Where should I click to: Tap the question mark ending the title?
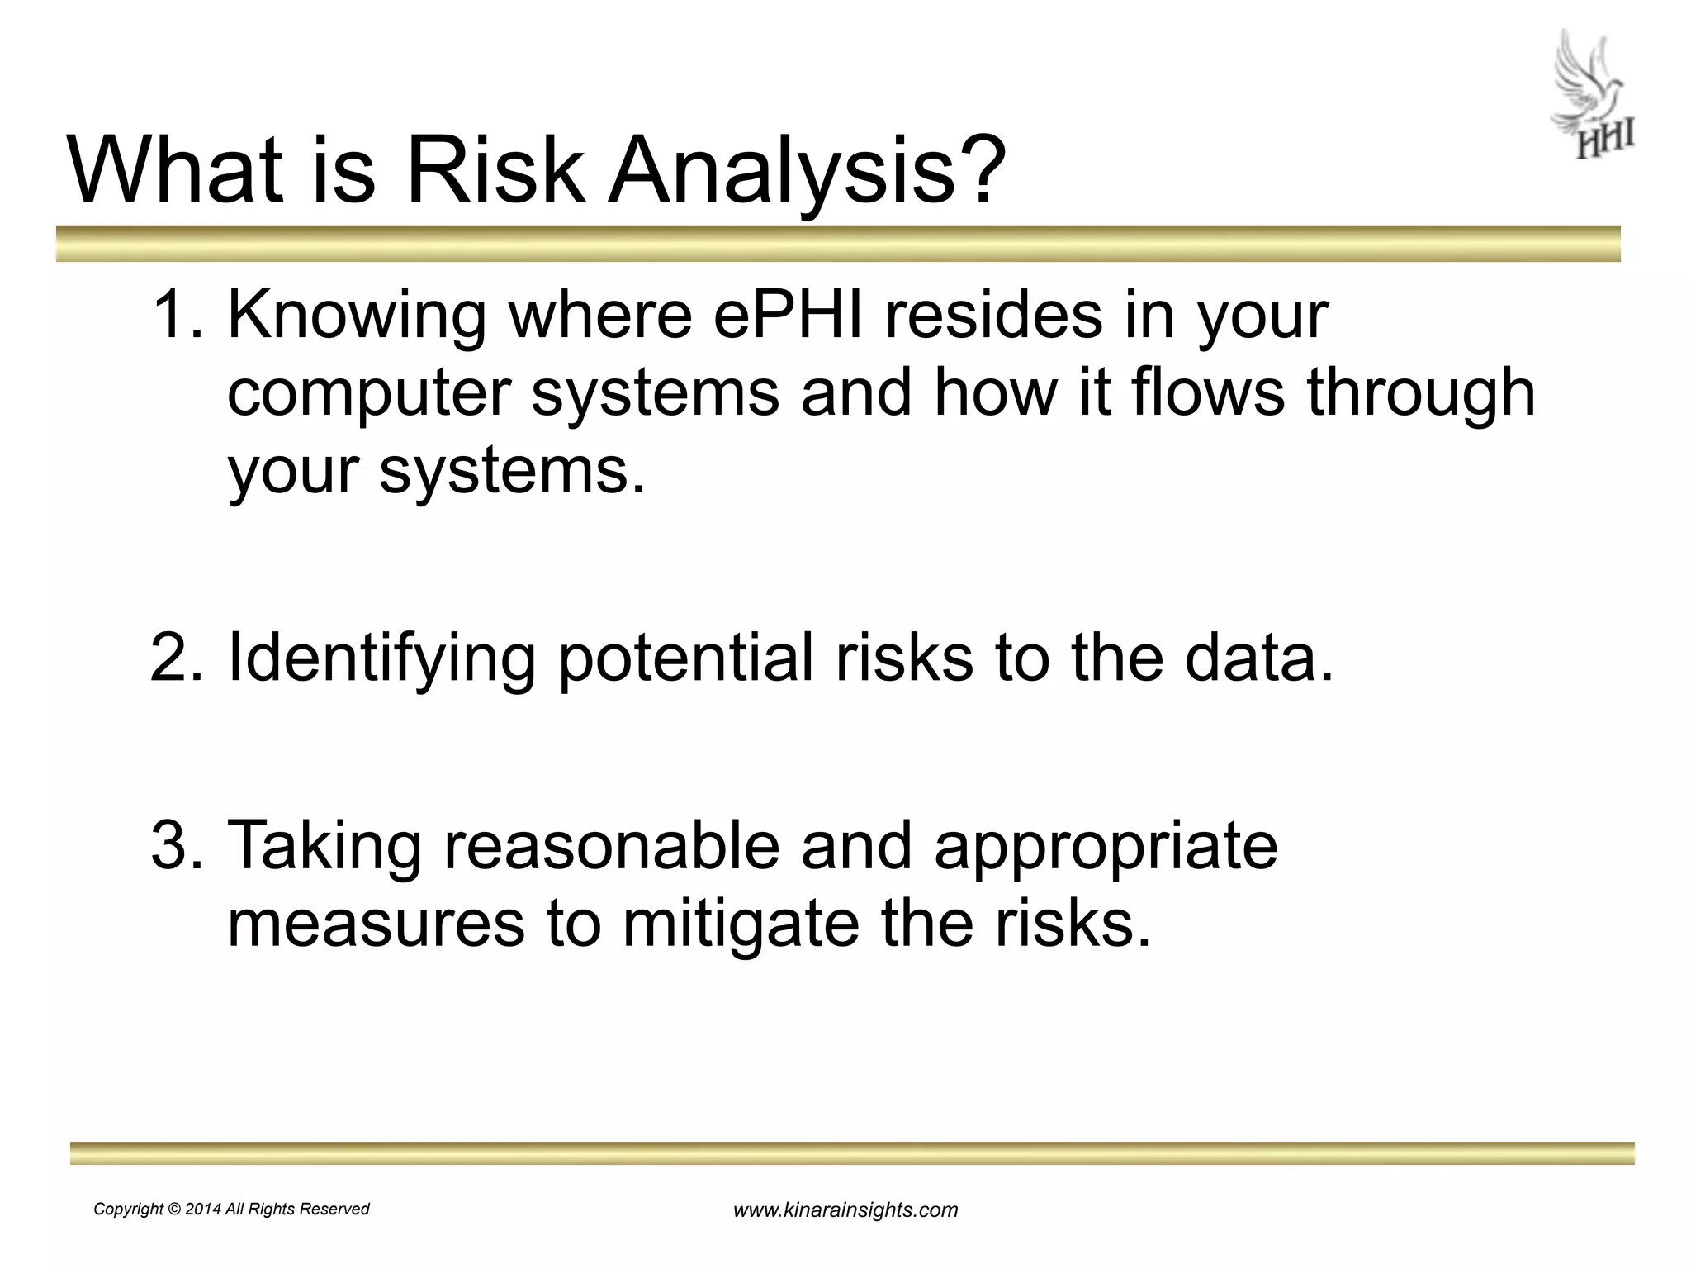(980, 170)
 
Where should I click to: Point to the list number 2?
(175, 657)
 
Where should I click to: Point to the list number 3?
(175, 844)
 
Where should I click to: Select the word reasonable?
(611, 846)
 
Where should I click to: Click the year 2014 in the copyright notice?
(203, 1210)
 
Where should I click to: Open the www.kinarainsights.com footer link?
(845, 1211)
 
